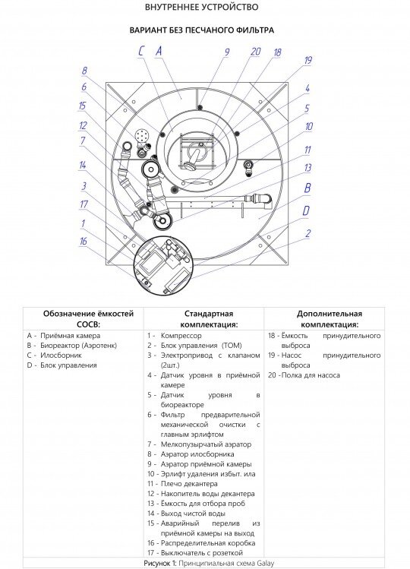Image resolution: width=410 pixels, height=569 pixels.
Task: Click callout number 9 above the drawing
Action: point(227,52)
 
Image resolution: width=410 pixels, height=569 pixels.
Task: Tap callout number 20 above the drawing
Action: point(256,52)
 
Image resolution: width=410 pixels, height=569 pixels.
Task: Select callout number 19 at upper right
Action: point(307,60)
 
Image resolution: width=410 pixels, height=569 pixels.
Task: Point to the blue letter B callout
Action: point(307,188)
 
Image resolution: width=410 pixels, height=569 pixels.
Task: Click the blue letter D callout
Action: point(306,210)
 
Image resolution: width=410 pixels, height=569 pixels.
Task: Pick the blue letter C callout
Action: point(141,51)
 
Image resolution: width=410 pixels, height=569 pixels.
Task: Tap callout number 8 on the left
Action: point(84,71)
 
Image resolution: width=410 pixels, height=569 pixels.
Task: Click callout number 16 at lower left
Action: point(84,241)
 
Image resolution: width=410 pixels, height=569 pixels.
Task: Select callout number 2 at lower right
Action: point(308,233)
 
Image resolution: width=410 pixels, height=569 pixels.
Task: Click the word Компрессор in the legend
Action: point(181,336)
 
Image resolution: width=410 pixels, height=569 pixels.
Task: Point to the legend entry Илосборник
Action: point(61,356)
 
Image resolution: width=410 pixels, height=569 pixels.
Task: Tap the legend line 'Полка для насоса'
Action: point(311,375)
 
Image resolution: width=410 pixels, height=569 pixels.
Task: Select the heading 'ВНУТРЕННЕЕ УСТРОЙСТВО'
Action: point(202,7)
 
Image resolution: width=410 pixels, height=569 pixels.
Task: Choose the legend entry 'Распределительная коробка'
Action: point(208,543)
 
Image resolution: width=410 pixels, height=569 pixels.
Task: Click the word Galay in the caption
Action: point(266,563)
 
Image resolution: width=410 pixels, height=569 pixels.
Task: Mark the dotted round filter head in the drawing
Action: point(142,137)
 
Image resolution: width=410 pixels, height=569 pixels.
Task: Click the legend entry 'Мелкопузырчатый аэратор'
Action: point(206,444)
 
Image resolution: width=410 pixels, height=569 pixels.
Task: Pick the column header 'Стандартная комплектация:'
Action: point(209,319)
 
